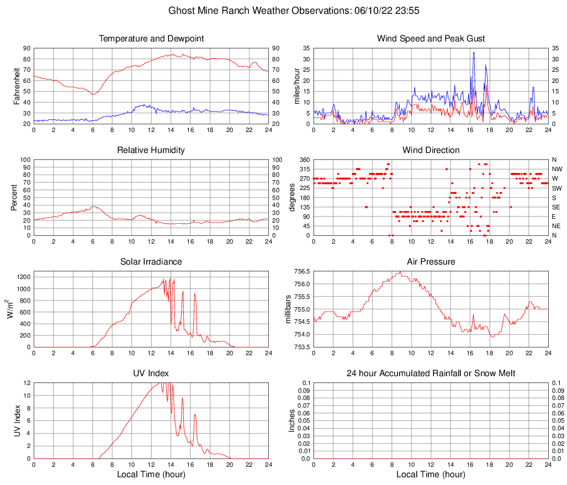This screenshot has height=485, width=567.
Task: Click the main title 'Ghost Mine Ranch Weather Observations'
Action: point(259,10)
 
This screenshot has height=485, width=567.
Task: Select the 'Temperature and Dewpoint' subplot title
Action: point(151,39)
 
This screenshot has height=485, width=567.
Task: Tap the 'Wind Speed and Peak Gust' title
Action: point(431,39)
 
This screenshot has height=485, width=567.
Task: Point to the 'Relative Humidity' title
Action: point(151,150)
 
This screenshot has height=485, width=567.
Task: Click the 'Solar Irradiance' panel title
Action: point(151,262)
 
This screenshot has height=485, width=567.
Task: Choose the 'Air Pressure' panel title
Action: point(431,262)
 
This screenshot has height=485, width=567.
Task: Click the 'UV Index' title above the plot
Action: point(151,373)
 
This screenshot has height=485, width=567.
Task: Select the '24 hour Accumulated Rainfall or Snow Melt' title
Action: point(431,373)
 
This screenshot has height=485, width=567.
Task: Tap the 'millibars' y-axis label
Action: point(288,309)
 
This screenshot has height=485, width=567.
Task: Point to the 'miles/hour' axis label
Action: point(297,86)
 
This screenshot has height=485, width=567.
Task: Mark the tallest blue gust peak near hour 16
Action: point(474,52)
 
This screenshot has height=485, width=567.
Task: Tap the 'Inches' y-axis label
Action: point(293,421)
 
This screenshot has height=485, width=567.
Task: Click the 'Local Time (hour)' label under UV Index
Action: point(151,475)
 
